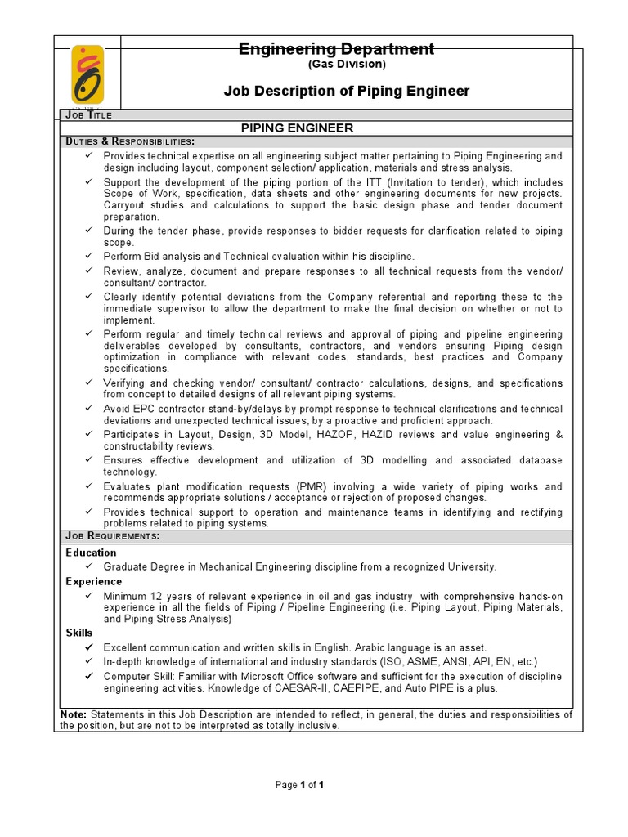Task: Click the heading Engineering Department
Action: [336, 49]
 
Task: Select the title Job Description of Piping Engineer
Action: [347, 91]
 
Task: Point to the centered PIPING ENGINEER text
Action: [296, 128]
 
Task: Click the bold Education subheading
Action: [92, 553]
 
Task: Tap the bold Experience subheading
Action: [94, 581]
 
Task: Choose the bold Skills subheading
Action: [79, 633]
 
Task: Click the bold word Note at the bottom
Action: [74, 714]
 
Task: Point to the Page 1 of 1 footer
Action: [300, 785]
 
